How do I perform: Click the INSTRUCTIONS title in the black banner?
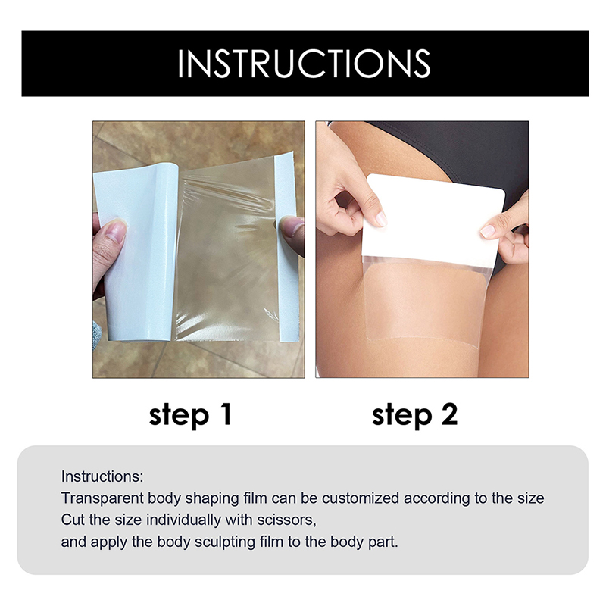[304, 64]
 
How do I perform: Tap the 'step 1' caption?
[190, 415]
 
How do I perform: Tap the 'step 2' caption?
[414, 415]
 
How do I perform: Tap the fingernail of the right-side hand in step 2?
[487, 231]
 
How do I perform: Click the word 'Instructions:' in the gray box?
[102, 476]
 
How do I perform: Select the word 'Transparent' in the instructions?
[102, 498]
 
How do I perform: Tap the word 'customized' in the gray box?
[361, 498]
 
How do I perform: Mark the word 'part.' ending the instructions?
[383, 542]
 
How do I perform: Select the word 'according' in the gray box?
[436, 498]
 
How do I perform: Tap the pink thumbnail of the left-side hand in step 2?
[381, 219]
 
